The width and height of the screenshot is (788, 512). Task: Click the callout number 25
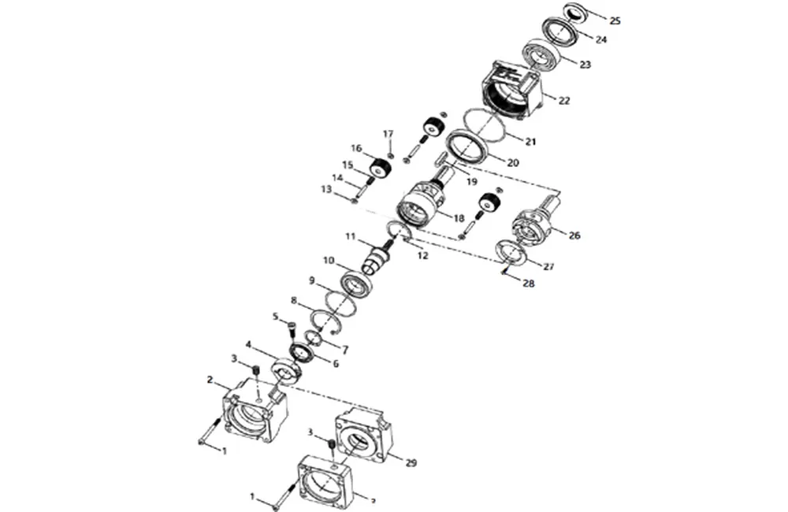615,20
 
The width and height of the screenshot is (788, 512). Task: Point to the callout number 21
530,142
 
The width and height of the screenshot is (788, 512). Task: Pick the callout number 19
472,181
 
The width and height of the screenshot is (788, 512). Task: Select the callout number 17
388,134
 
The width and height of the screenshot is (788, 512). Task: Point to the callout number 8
294,301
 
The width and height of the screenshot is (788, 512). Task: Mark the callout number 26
574,236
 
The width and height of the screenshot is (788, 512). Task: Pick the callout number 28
528,284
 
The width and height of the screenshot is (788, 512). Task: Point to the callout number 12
422,255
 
